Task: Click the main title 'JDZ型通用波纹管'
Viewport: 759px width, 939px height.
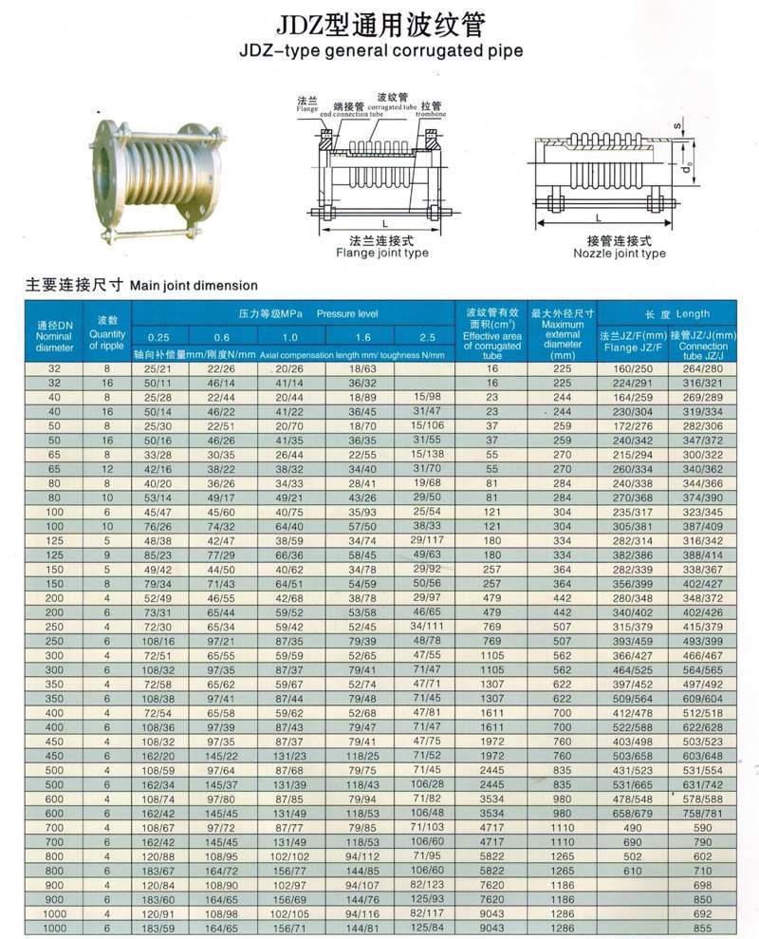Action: click(379, 22)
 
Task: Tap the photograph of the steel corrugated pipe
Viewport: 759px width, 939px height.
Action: click(157, 178)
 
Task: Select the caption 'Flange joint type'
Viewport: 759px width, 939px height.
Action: click(382, 254)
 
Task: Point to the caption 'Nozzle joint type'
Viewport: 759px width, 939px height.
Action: click(620, 254)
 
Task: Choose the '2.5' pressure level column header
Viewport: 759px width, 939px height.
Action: click(427, 337)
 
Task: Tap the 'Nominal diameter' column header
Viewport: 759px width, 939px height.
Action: click(54, 335)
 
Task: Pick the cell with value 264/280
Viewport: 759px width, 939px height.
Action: click(703, 367)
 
